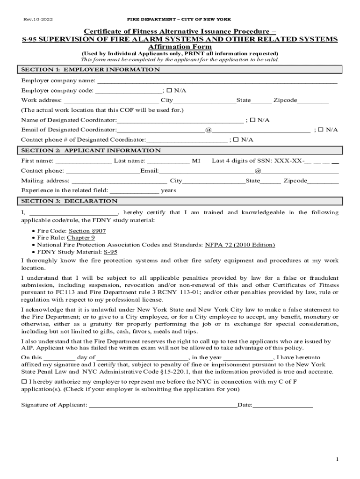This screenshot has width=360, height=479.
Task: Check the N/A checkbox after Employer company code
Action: pyautogui.click(x=170, y=90)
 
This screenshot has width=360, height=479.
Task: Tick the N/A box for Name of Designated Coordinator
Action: pyautogui.click(x=252, y=120)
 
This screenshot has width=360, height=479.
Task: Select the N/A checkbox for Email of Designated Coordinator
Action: pyautogui.click(x=321, y=130)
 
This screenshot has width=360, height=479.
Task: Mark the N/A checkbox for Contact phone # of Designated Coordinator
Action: pyautogui.click(x=236, y=140)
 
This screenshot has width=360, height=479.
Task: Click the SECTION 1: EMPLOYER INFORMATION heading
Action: pyautogui.click(x=90, y=70)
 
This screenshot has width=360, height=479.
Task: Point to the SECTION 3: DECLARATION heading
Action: pyautogui.click(x=69, y=201)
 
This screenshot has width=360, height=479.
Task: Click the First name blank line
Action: pyautogui.click(x=84, y=161)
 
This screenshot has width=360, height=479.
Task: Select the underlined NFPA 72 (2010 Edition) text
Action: pyautogui.click(x=240, y=245)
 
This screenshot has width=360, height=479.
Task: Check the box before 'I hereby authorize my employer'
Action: pyautogui.click(x=24, y=382)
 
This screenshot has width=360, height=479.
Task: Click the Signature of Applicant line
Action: pyautogui.click(x=163, y=405)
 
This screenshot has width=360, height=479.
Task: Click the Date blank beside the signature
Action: pyautogui.click(x=283, y=405)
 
